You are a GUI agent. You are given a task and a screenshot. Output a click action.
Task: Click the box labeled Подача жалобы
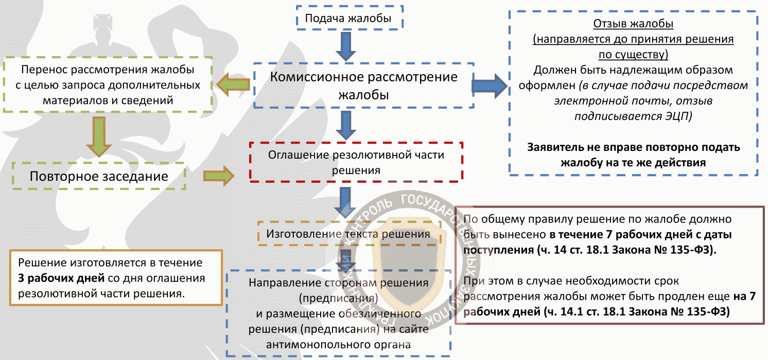(x=350, y=18)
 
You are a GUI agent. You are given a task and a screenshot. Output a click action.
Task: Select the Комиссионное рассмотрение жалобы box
(x=364, y=85)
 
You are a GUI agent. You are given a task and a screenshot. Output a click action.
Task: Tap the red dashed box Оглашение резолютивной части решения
(x=356, y=162)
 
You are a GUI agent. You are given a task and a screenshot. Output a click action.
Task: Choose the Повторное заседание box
(x=99, y=176)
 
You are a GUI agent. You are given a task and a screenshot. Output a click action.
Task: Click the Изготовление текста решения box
(x=349, y=234)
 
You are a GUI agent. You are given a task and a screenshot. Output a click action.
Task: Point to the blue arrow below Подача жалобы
(x=345, y=47)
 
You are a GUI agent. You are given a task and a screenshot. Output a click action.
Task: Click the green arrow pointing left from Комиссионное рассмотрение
(x=233, y=84)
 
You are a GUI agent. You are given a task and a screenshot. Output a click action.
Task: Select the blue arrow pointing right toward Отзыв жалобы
(x=490, y=85)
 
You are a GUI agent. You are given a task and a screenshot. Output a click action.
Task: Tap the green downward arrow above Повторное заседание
(x=99, y=136)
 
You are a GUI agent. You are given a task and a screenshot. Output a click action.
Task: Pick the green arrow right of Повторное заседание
(x=219, y=176)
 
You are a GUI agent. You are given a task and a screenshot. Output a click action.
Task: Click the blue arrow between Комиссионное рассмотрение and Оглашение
(x=345, y=126)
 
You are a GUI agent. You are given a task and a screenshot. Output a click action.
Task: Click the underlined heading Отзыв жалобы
(x=633, y=24)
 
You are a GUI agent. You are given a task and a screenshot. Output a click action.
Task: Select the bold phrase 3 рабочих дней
(x=61, y=278)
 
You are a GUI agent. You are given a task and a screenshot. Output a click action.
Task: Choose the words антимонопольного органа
(x=338, y=345)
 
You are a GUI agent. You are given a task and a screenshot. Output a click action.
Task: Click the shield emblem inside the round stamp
(x=409, y=261)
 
